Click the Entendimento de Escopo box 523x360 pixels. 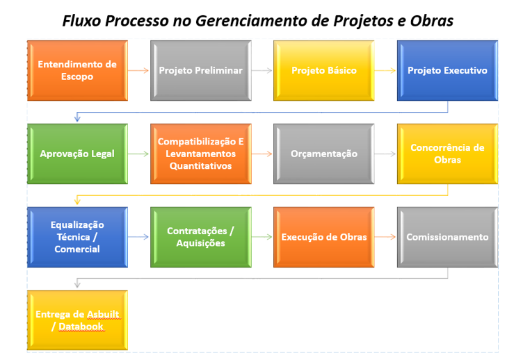77,70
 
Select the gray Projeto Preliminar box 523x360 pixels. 201,70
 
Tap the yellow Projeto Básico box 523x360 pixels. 324,70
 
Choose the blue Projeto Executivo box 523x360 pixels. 447,70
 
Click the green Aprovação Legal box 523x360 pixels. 77,154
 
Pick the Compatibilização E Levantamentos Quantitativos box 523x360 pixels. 201,154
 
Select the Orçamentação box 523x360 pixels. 324,154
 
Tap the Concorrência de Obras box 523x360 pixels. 447,154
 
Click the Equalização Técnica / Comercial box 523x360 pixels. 77,237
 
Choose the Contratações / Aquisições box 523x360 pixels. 201,237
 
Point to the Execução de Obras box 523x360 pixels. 324,237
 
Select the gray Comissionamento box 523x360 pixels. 447,237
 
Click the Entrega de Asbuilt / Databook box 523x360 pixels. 77,320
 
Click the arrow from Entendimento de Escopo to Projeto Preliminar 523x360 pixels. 138,70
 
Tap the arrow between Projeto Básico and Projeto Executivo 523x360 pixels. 385,70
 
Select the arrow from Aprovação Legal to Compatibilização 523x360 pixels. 138,154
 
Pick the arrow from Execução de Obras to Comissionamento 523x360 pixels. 385,237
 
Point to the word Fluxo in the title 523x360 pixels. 82,21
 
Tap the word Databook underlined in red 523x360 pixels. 81,327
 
